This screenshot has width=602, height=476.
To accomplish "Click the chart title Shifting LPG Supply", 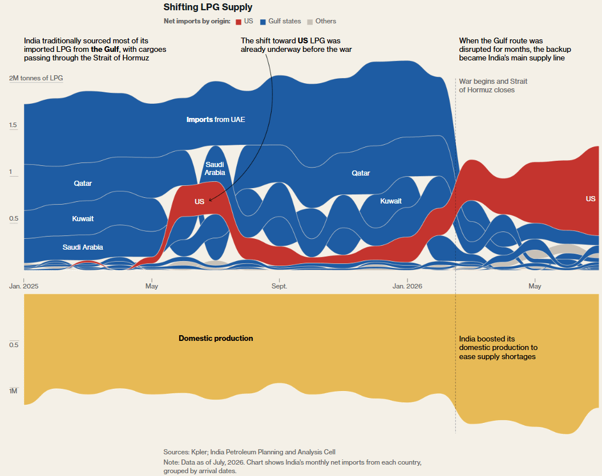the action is point(208,7).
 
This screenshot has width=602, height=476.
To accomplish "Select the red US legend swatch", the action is point(239,22).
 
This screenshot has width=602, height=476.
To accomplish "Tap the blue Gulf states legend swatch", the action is point(263,22).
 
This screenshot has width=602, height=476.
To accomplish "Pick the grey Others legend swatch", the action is point(310,22).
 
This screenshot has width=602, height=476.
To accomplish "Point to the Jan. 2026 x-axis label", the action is point(407,286).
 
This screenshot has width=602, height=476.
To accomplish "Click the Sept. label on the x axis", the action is point(279,286).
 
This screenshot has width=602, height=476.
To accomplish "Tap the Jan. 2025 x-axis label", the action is point(24,286).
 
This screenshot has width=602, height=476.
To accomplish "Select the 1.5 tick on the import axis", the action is point(13,125).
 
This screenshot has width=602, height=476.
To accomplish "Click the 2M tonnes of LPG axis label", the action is point(36,78).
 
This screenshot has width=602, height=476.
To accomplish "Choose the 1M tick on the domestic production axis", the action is point(13,391).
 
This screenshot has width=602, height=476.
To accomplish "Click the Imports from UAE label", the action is point(216,120).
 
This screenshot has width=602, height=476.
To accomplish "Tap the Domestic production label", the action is point(216,338).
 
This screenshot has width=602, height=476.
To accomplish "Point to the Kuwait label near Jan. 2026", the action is point(391,201).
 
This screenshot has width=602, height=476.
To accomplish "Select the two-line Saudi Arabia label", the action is point(215,168).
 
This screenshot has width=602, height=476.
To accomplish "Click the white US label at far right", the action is point(591,199).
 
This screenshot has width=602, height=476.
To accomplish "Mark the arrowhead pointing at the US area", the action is point(211,200).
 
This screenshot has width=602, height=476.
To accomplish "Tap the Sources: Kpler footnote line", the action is point(249,452).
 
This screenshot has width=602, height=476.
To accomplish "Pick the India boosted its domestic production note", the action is point(498,348).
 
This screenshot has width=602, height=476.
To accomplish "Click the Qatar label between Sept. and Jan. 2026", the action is point(361,173).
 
